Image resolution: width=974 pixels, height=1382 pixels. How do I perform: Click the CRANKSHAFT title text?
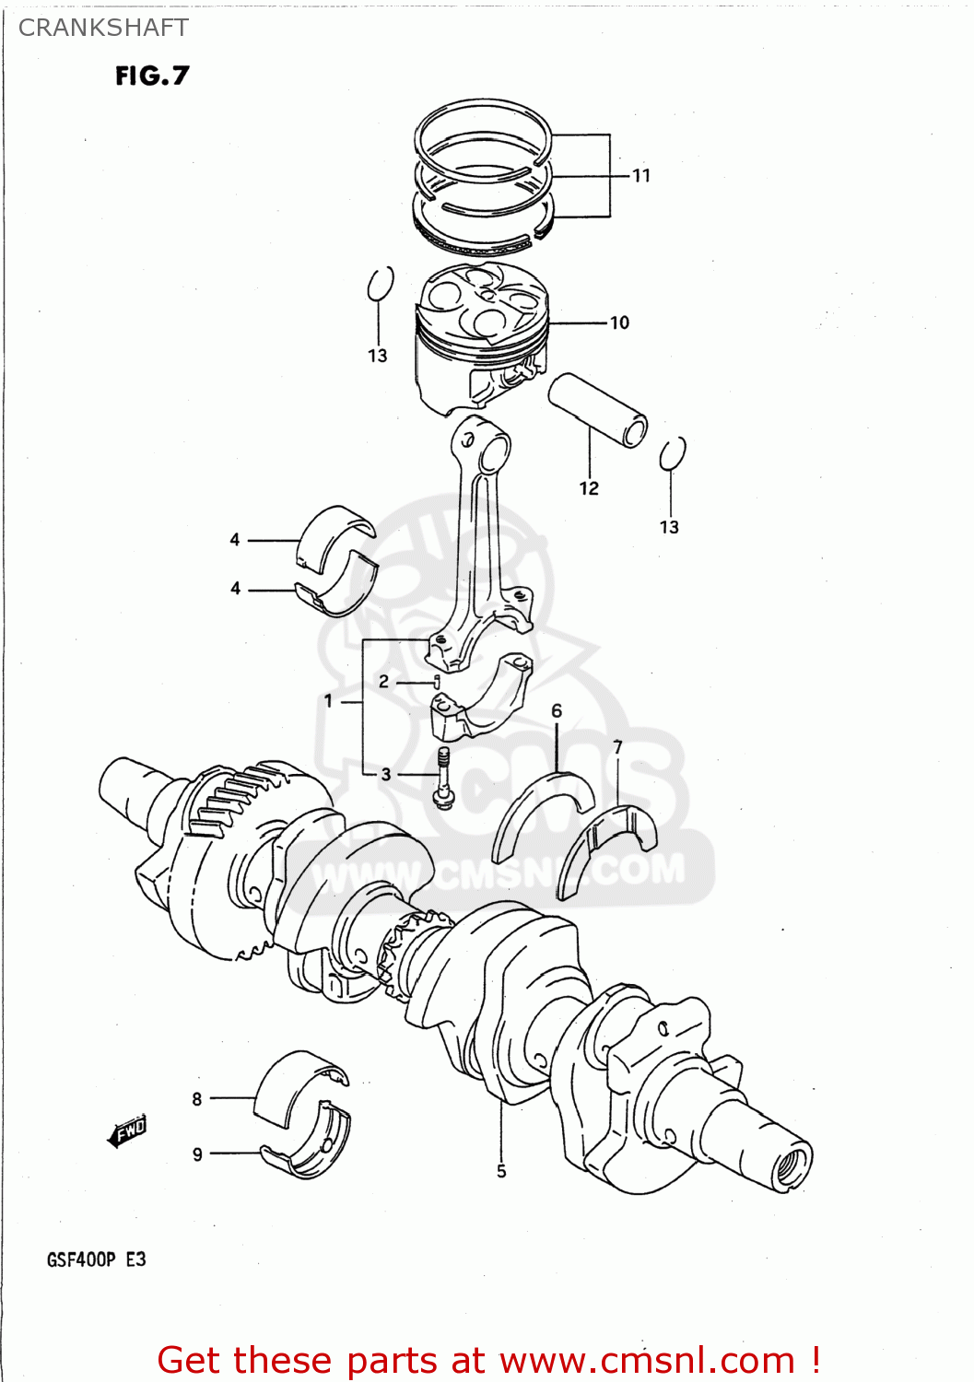pyautogui.click(x=103, y=28)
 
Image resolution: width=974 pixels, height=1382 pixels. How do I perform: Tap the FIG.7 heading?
pyautogui.click(x=152, y=76)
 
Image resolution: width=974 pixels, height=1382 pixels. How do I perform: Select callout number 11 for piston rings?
pyautogui.click(x=641, y=175)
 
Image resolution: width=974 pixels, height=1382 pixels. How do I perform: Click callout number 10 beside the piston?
pyautogui.click(x=619, y=322)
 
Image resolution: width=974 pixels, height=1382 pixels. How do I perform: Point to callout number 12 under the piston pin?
pyautogui.click(x=589, y=488)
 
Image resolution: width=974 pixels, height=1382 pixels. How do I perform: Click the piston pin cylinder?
pyautogui.click(x=598, y=409)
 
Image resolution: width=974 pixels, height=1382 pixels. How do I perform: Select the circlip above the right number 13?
pyautogui.click(x=673, y=453)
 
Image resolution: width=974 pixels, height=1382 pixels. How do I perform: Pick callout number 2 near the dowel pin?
pyautogui.click(x=384, y=682)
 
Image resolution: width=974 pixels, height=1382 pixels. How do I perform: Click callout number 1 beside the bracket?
pyautogui.click(x=328, y=701)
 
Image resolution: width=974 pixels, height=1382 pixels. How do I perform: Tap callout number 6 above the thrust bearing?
pyautogui.click(x=557, y=710)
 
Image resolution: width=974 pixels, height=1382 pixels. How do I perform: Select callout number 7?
pyautogui.click(x=617, y=747)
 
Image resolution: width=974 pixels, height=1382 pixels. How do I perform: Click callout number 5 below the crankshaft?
pyautogui.click(x=501, y=1171)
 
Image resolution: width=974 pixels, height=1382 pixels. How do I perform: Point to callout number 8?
pyautogui.click(x=197, y=1098)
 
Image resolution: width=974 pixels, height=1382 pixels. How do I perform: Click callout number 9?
pyautogui.click(x=197, y=1154)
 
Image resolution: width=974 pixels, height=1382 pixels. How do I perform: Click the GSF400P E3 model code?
pyautogui.click(x=96, y=1259)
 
